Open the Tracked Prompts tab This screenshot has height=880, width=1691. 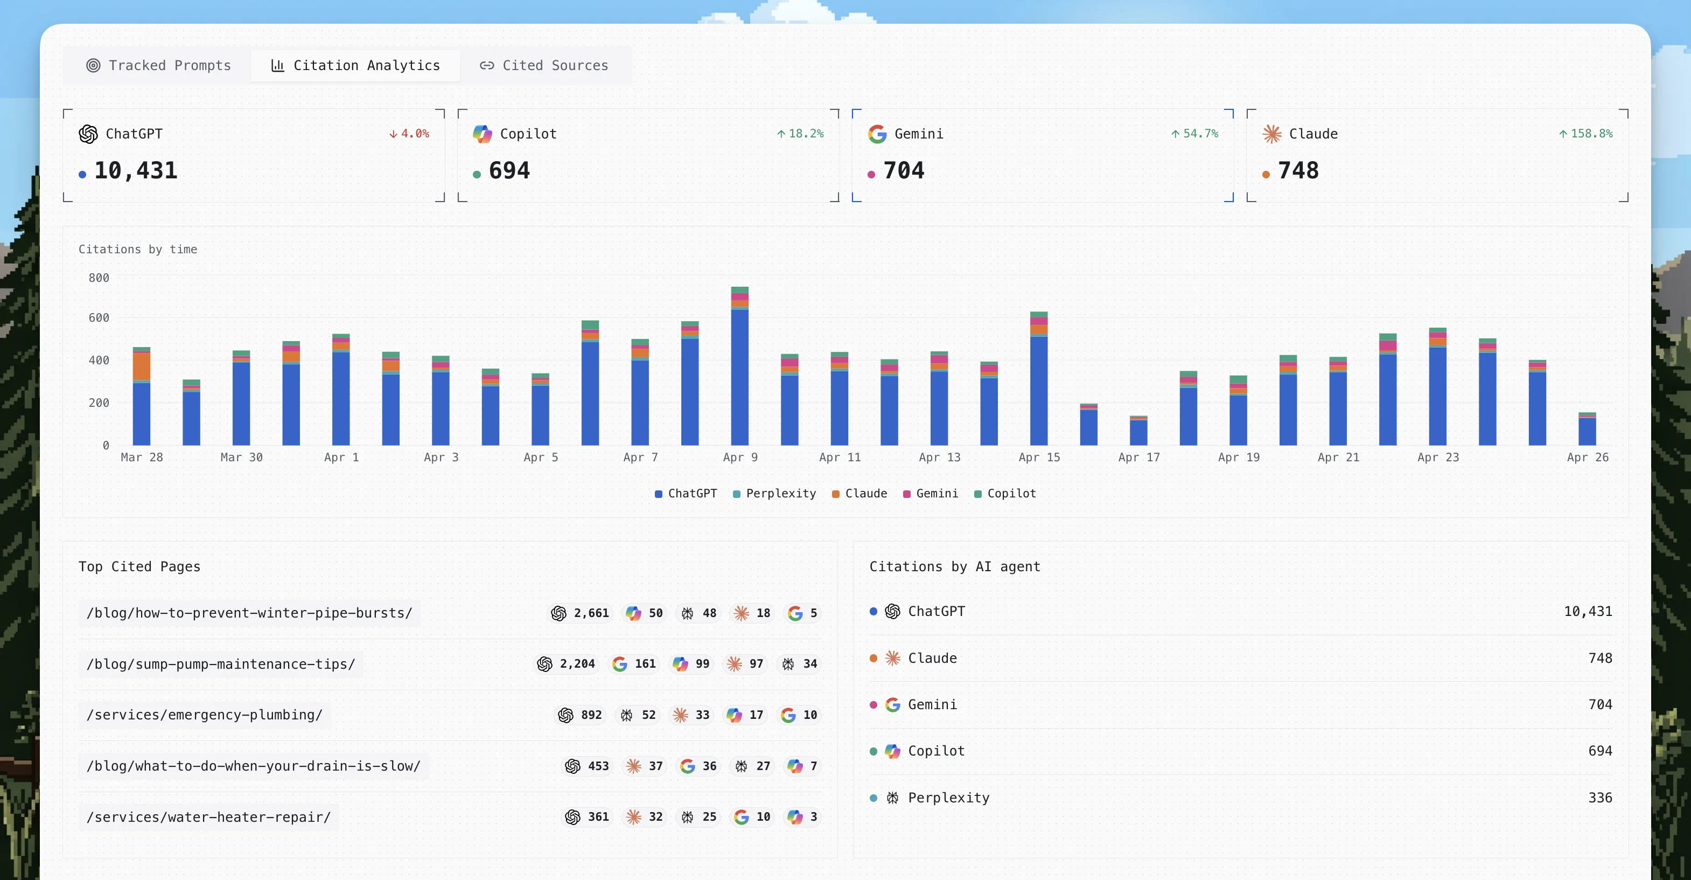(158, 66)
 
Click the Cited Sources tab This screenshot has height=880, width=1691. (544, 66)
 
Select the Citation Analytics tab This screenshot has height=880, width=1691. (356, 66)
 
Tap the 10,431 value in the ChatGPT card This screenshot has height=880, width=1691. (136, 171)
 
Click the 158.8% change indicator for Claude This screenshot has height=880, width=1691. (1586, 133)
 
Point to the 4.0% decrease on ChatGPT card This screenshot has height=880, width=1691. (410, 133)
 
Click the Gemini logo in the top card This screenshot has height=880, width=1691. (877, 134)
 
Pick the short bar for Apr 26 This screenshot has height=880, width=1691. (1587, 430)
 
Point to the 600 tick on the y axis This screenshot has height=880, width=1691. (99, 318)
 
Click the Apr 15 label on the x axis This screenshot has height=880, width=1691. (1039, 457)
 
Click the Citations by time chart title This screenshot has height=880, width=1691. (138, 250)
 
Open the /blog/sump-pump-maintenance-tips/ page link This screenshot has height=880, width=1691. (221, 664)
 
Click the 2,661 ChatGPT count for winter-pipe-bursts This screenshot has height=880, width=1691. (591, 613)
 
